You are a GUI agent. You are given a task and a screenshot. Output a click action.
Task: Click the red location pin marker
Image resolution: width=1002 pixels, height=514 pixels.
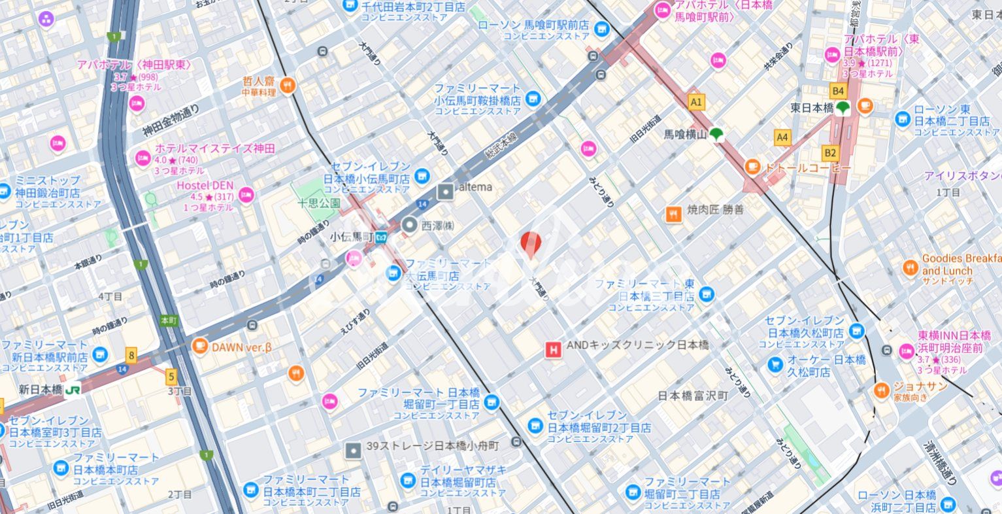pos(531,243)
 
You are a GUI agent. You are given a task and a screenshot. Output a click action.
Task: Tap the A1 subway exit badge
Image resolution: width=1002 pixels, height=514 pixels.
pos(696,102)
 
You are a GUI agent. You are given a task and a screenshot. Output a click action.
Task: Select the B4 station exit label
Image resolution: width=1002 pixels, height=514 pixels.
pos(837,91)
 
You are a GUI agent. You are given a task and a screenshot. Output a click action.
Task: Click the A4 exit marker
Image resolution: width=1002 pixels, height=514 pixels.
pos(782,137)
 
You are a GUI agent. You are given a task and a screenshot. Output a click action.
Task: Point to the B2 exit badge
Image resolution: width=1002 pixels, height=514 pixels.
pos(829,153)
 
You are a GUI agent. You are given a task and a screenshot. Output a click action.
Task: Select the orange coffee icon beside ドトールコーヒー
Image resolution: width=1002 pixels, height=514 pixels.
pos(753,167)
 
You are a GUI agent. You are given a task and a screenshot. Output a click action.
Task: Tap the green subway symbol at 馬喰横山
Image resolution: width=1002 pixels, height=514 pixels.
pos(716,134)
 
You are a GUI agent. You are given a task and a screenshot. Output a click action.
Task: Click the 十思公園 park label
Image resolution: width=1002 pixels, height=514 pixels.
pos(319,203)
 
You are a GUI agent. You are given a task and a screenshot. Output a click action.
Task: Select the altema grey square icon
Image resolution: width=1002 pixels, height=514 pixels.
pos(445,191)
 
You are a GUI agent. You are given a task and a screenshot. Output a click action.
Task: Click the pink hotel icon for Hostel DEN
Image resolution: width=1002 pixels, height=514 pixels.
pos(246,194)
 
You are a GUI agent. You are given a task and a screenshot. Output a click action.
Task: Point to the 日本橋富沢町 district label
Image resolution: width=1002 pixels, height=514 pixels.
pos(692,396)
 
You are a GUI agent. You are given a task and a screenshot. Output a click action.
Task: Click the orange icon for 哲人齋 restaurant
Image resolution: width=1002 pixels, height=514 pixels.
pos(288,84)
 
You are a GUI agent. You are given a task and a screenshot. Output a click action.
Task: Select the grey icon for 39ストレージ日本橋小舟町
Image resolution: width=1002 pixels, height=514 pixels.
pos(354,450)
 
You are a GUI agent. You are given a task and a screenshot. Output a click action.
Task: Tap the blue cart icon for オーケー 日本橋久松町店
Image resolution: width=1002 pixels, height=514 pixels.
pos(775,364)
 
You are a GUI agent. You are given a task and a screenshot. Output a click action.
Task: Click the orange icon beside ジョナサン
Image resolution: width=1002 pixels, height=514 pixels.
pos(882,391)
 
